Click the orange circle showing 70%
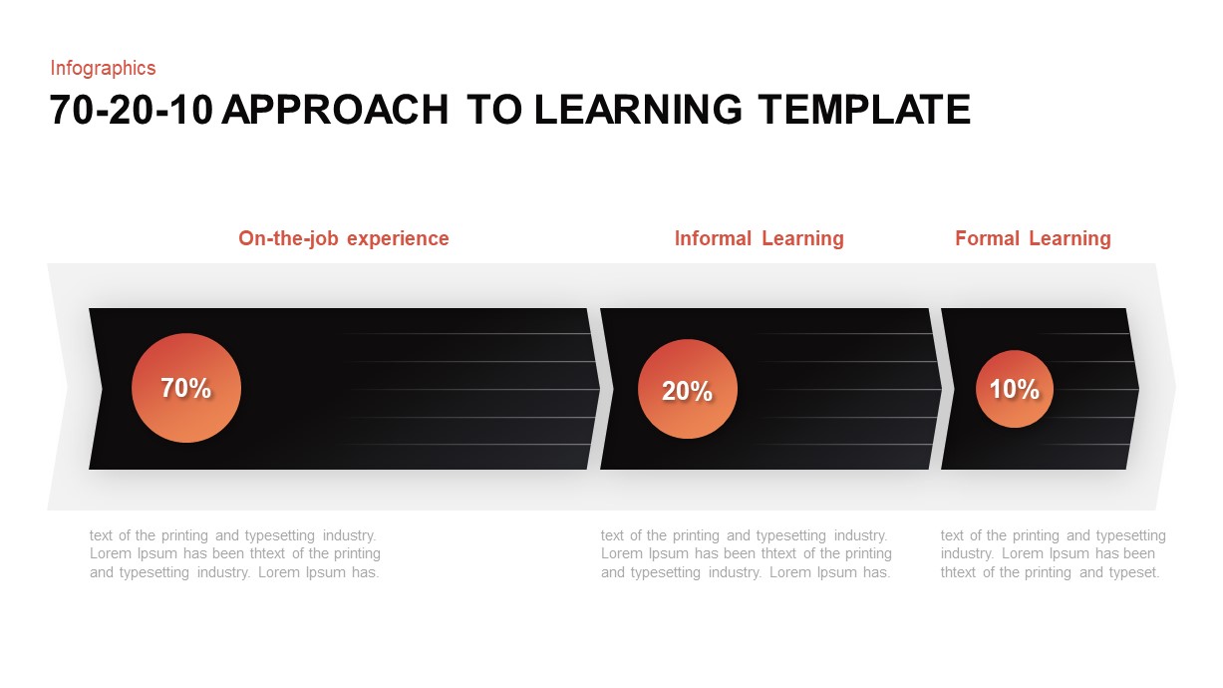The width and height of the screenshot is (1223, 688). [186, 388]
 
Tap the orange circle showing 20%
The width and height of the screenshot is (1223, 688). [688, 389]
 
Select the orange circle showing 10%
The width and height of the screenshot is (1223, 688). [1015, 389]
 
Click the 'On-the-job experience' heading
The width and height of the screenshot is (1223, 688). [344, 238]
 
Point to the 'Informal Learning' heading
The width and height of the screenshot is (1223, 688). [759, 238]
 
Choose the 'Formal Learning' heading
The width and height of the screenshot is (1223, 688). [1033, 238]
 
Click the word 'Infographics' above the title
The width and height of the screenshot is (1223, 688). [103, 68]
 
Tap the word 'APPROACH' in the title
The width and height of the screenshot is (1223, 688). [335, 110]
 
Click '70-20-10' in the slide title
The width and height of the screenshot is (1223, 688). [132, 110]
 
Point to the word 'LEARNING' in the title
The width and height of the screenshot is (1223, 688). [638, 110]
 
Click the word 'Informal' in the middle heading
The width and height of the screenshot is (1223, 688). [713, 238]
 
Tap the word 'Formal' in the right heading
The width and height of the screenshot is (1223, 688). [987, 238]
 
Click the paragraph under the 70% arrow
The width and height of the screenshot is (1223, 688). [235, 554]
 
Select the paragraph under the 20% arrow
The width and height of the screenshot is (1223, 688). [747, 554]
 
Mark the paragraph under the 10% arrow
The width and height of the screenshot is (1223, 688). [1053, 554]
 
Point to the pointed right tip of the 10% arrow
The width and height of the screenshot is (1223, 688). [1137, 389]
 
